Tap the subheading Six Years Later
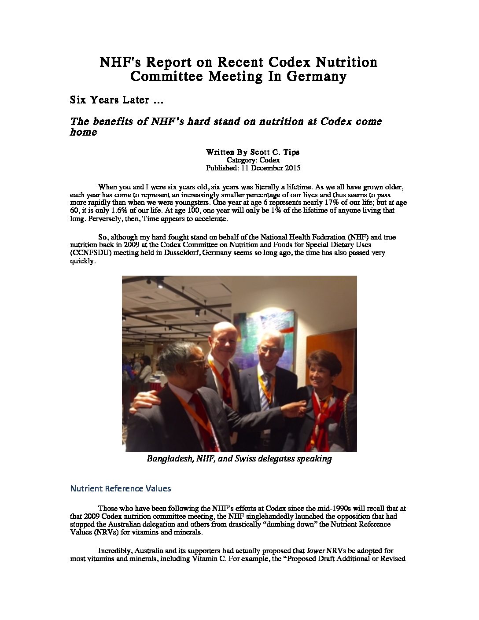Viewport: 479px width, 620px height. [x=117, y=100]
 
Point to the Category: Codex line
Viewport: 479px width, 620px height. [x=253, y=160]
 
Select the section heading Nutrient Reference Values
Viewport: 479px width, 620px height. [x=120, y=488]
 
